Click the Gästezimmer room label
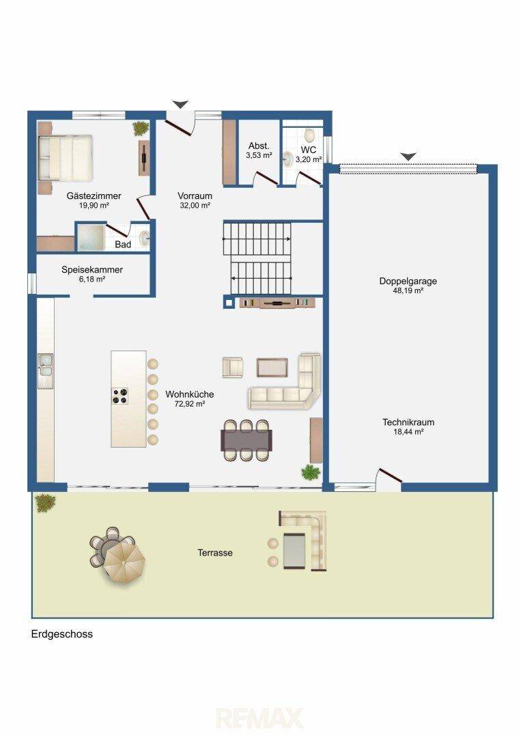94,196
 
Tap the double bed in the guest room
65,158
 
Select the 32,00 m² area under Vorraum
195,205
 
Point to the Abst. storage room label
259,146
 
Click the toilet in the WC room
309,135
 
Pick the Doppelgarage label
408,281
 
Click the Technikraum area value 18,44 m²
408,431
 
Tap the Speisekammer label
92,270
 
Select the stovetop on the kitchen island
119,396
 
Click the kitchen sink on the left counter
46,366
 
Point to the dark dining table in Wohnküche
247,440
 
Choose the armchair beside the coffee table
233,368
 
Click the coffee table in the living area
272,368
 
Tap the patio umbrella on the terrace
124,562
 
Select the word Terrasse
215,553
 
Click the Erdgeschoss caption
61,634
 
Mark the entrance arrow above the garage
408,156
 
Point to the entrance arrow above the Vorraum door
180,105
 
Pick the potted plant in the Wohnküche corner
311,472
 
